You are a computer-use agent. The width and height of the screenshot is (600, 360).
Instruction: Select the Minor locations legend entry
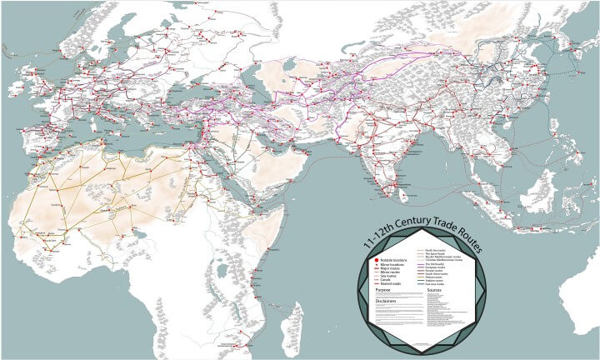click(x=392, y=265)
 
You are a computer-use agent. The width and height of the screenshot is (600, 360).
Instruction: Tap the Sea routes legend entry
click(x=388, y=276)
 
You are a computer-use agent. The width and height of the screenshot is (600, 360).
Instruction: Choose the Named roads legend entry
click(x=391, y=283)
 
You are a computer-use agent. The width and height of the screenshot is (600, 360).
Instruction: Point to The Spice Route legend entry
click(x=435, y=253)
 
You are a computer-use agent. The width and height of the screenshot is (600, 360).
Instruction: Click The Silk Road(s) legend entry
click(x=435, y=264)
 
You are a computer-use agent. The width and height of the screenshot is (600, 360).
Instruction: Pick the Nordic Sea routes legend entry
click(x=435, y=250)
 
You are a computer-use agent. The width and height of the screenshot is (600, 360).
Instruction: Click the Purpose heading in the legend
click(x=383, y=290)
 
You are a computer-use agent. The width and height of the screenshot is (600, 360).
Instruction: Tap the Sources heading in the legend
click(x=434, y=290)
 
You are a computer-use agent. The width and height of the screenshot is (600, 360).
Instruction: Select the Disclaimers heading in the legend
click(x=386, y=301)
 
